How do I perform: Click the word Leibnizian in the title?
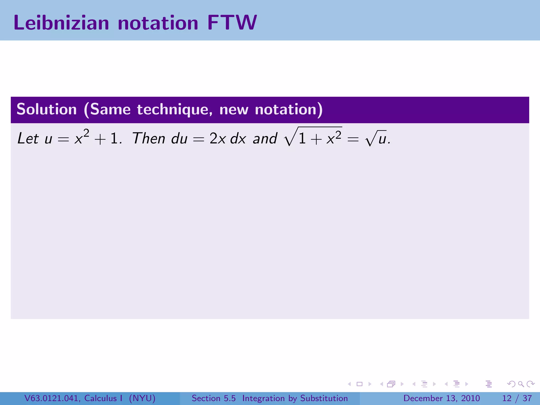[61, 23]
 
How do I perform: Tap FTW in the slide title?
[232, 23]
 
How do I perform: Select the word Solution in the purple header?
[47, 109]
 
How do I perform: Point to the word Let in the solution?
[28, 138]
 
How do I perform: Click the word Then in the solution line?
[149, 138]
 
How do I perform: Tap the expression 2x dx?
[228, 138]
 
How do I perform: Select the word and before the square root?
[265, 138]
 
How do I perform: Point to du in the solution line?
[179, 138]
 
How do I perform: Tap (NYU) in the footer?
[142, 398]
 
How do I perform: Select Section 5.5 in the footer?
[214, 398]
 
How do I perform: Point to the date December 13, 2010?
[441, 398]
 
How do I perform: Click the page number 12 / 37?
[517, 398]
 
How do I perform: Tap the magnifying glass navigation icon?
[521, 384]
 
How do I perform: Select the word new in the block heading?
[234, 109]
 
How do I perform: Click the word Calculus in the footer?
[100, 398]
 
